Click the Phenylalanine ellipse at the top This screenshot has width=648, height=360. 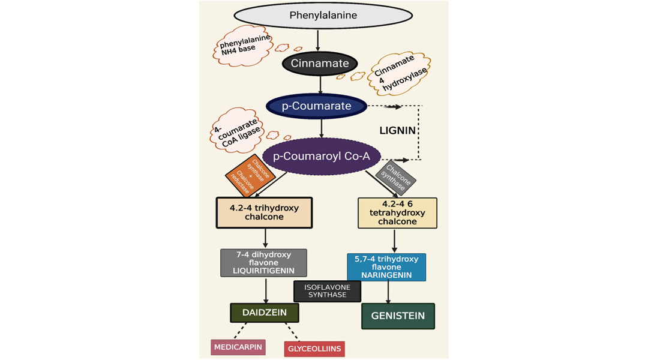point(323,16)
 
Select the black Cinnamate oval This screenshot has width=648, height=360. point(320,63)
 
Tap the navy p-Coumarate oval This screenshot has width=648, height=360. point(317,106)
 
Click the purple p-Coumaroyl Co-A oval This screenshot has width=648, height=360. point(322,156)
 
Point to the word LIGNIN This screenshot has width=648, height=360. point(398,131)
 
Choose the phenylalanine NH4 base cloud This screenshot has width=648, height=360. point(244,46)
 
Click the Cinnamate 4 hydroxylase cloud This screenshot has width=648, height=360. point(399,73)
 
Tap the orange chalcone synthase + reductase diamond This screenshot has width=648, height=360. point(250,176)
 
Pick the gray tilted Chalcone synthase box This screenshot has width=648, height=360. point(396,178)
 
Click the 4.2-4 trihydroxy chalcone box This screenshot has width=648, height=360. point(264,213)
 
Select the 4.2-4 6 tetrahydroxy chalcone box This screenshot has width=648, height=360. point(397,213)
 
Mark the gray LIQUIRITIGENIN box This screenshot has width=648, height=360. point(263,263)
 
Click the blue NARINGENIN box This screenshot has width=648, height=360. point(386,268)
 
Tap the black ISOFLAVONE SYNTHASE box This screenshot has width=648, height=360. point(328,292)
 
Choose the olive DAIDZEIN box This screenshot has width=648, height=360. point(265,313)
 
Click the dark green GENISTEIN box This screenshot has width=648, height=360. point(398,316)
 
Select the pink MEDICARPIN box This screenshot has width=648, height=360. point(238,347)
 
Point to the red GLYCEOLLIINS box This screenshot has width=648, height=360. point(314,349)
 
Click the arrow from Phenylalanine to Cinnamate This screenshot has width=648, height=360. point(318,40)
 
